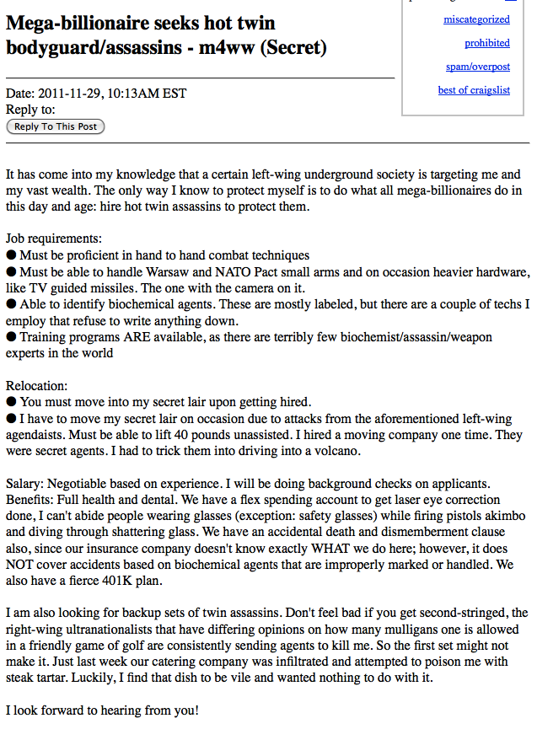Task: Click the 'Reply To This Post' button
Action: click(56, 126)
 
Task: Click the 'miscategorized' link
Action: click(476, 19)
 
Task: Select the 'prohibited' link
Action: click(486, 43)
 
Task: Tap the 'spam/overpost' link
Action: click(478, 67)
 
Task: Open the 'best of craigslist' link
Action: click(474, 90)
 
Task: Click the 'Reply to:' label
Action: click(30, 109)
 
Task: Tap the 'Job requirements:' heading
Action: click(54, 239)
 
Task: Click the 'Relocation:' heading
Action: click(36, 385)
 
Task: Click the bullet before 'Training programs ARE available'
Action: click(11, 337)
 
